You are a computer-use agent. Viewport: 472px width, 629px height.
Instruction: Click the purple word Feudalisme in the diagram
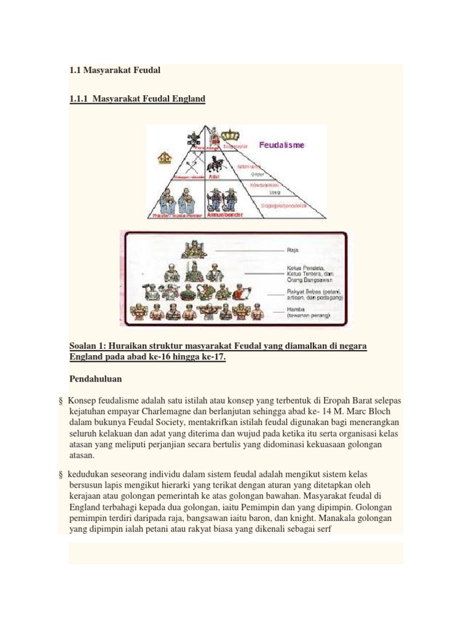(281, 146)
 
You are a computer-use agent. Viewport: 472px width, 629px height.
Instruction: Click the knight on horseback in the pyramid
(214, 164)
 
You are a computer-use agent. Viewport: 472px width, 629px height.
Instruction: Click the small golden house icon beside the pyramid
(164, 158)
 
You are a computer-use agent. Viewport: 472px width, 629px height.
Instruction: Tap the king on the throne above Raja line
(189, 249)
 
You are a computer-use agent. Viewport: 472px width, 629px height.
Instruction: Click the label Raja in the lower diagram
(293, 250)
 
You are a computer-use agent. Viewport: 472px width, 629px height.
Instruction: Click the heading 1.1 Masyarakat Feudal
(115, 70)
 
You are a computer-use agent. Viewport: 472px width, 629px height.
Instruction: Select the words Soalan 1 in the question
(88, 346)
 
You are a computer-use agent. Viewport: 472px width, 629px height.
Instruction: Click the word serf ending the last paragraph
(323, 529)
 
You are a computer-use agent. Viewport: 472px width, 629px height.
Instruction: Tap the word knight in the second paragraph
(314, 518)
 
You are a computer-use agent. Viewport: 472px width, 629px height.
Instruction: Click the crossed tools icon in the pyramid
(190, 165)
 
